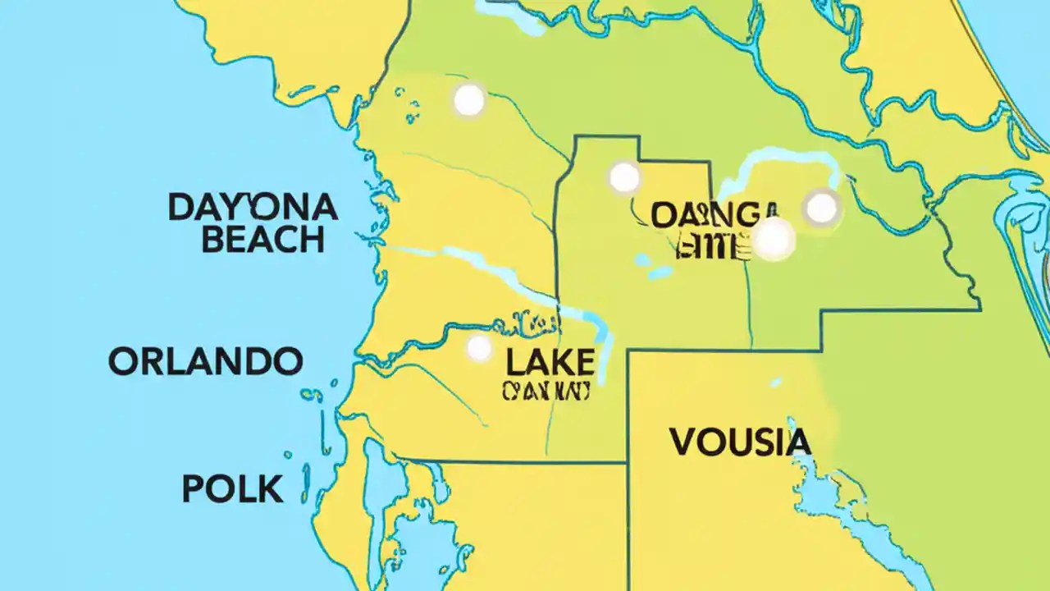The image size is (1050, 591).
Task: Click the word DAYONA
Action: [x=253, y=208]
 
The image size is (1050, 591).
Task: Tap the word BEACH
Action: [x=262, y=240]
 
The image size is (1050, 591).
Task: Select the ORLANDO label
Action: [x=205, y=361]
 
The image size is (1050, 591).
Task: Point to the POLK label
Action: [x=232, y=489]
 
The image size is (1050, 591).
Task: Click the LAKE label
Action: [x=550, y=361]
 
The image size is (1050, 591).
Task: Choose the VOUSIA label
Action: [x=740, y=442]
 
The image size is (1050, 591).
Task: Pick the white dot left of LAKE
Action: [x=479, y=348]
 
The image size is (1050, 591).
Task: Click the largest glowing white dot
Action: [x=774, y=239]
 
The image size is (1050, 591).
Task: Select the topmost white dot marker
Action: [x=469, y=100]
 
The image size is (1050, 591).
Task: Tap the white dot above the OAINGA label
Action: [x=624, y=176]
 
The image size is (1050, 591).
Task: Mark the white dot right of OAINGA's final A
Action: [x=821, y=208]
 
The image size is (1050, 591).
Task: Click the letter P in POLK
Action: [x=193, y=489]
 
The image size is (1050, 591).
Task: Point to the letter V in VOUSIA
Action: [x=682, y=442]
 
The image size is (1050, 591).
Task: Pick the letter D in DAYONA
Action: [x=180, y=208]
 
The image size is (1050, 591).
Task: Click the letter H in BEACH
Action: [x=310, y=240]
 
